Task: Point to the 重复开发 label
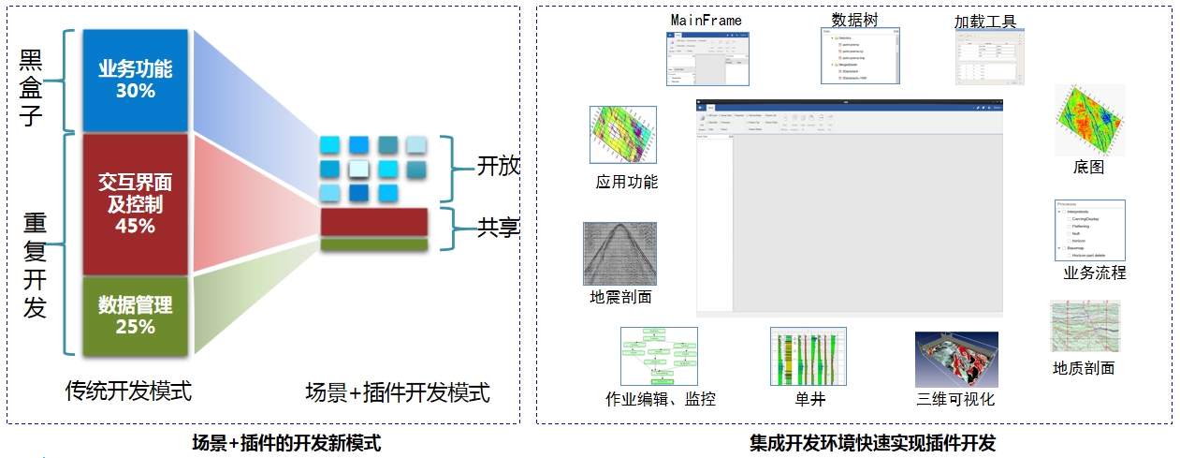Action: point(35,265)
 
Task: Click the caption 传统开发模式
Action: point(128,391)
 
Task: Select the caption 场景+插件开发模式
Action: point(398,392)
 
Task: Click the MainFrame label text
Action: point(707,20)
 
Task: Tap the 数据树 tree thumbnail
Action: point(860,55)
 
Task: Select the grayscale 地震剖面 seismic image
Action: point(619,253)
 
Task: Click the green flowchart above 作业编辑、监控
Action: point(659,355)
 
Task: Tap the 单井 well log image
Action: point(808,357)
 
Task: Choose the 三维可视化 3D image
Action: point(956,360)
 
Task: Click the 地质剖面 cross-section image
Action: point(1085,326)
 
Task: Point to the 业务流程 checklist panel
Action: point(1089,230)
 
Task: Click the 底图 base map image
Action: point(1089,120)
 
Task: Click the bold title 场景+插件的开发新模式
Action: point(286,442)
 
